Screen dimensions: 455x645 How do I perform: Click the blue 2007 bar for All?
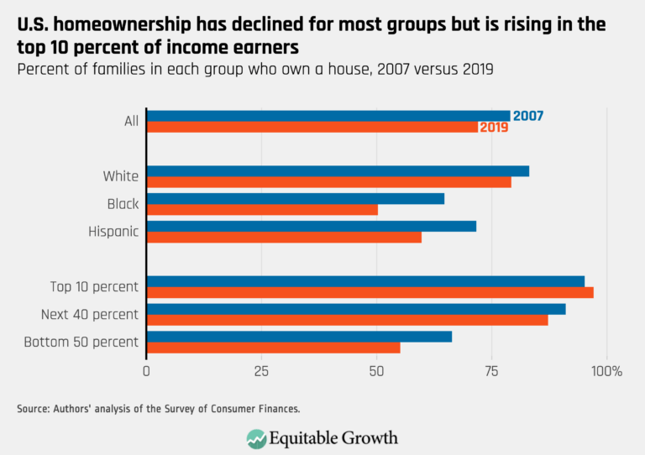(x=328, y=116)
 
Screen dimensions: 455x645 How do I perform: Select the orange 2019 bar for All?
(x=312, y=128)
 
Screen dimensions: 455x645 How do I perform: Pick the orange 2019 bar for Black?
(x=262, y=210)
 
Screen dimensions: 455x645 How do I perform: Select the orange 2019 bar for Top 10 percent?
(x=370, y=292)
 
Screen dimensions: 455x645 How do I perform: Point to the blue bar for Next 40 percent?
(x=356, y=309)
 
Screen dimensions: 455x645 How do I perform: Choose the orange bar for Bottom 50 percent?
(x=273, y=348)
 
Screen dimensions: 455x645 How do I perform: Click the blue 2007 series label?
(x=527, y=116)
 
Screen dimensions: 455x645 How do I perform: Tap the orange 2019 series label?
(x=494, y=128)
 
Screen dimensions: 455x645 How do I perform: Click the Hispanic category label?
(x=113, y=232)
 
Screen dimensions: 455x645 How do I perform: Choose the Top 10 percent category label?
(x=94, y=287)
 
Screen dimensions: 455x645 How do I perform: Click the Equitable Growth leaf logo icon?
(x=256, y=438)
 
